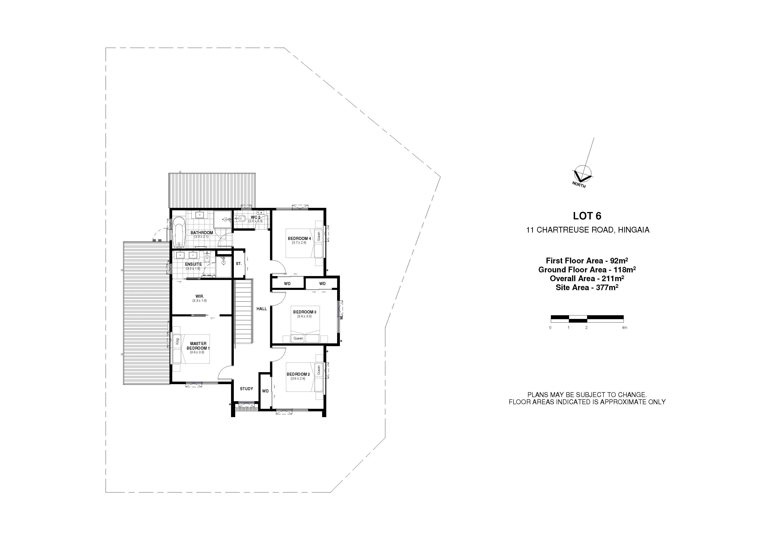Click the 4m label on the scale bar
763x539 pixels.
tap(624, 327)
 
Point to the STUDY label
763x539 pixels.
tap(246, 389)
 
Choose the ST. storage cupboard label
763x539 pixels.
tap(239, 264)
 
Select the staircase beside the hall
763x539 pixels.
tap(244, 313)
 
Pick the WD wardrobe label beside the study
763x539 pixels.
tap(265, 391)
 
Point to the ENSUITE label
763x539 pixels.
tap(193, 264)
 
